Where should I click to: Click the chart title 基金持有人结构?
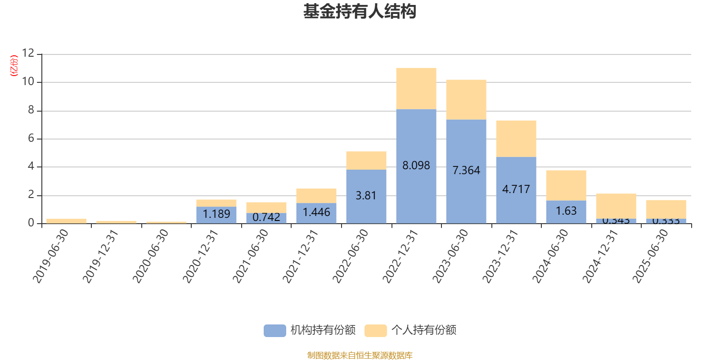click(x=360, y=12)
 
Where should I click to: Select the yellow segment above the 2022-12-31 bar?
click(x=416, y=88)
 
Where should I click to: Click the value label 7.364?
click(x=466, y=171)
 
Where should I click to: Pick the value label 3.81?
click(x=366, y=196)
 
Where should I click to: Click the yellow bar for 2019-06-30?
click(x=67, y=221)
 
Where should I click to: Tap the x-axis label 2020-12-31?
click(x=201, y=256)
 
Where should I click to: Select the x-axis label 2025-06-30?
click(x=651, y=256)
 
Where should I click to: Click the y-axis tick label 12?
click(x=28, y=54)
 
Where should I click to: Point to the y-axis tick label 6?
click(x=31, y=139)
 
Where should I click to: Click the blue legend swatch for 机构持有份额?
click(x=274, y=330)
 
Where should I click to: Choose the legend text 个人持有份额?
click(x=423, y=330)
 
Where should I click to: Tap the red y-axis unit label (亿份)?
click(x=14, y=66)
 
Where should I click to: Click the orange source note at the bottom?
click(x=360, y=355)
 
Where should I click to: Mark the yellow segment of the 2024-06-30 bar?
click(x=566, y=185)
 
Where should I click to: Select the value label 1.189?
click(x=216, y=214)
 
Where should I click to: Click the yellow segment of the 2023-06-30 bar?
click(x=466, y=99)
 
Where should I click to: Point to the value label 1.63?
click(x=566, y=211)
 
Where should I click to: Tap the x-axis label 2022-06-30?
click(x=351, y=256)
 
